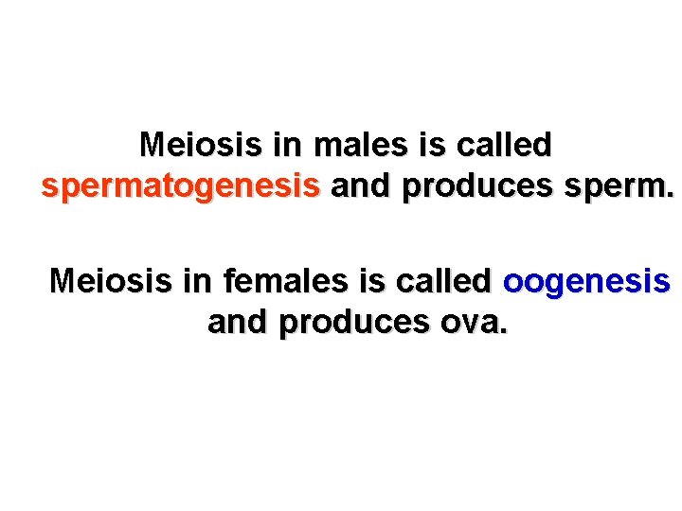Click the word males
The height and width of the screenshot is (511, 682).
click(x=359, y=146)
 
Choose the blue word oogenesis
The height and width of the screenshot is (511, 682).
click(x=586, y=281)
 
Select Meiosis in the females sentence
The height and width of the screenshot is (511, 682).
click(x=108, y=281)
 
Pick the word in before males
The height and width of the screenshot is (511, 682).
click(x=284, y=146)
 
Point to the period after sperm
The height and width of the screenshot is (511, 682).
click(x=671, y=195)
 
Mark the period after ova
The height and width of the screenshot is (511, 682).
click(x=503, y=330)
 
